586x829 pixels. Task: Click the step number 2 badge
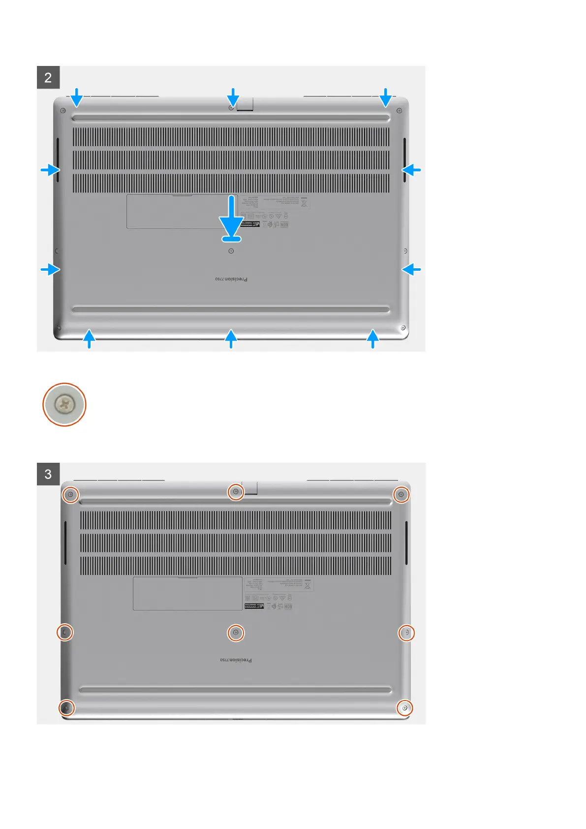pyautogui.click(x=48, y=77)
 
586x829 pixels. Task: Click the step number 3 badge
pyautogui.click(x=48, y=474)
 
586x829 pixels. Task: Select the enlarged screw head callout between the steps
pyautogui.click(x=64, y=405)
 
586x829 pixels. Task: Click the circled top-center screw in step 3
pyautogui.click(x=236, y=491)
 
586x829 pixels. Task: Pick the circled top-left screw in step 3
pyautogui.click(x=70, y=494)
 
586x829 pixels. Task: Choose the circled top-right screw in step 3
pyautogui.click(x=401, y=494)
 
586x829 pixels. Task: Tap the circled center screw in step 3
pyautogui.click(x=236, y=633)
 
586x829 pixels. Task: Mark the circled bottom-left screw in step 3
pyautogui.click(x=66, y=708)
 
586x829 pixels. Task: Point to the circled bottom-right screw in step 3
pyautogui.click(x=404, y=708)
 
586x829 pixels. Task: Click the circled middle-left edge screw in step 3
pyautogui.click(x=64, y=632)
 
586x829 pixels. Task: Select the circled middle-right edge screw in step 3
pyautogui.click(x=406, y=632)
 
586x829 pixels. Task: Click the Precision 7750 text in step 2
pyautogui.click(x=231, y=279)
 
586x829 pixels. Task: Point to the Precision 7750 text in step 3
pyautogui.click(x=236, y=660)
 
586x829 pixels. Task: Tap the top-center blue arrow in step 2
pyautogui.click(x=233, y=97)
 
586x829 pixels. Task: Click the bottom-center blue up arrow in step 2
pyautogui.click(x=231, y=339)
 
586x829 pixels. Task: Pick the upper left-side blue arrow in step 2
pyautogui.click(x=51, y=170)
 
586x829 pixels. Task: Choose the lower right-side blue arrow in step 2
pyautogui.click(x=411, y=269)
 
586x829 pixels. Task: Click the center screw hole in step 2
pyautogui.click(x=231, y=251)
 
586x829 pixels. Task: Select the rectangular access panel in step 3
pyautogui.click(x=187, y=593)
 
